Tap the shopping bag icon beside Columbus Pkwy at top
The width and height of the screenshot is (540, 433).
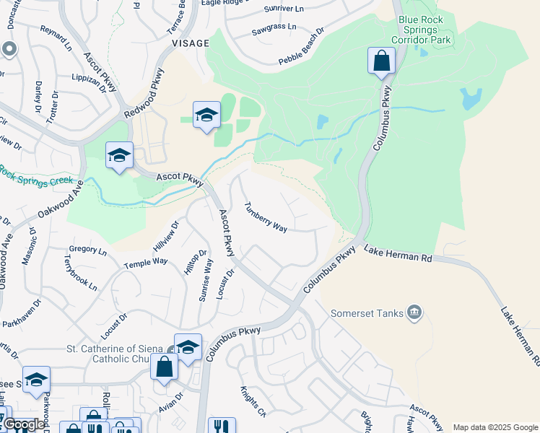click(380, 61)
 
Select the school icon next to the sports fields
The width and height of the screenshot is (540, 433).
click(206, 115)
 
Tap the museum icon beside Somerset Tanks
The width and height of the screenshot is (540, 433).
click(414, 312)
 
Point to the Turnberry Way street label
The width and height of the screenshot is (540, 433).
click(265, 216)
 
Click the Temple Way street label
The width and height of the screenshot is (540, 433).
click(145, 263)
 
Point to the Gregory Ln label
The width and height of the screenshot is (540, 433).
click(89, 252)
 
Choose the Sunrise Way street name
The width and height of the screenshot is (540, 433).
click(206, 281)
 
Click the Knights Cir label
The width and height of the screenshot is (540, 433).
click(253, 403)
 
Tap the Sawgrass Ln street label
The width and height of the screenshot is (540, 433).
click(274, 27)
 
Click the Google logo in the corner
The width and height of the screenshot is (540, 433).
click(24, 424)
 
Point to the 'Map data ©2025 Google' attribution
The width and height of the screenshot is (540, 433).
click(495, 427)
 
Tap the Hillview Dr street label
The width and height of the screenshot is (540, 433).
click(165, 236)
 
